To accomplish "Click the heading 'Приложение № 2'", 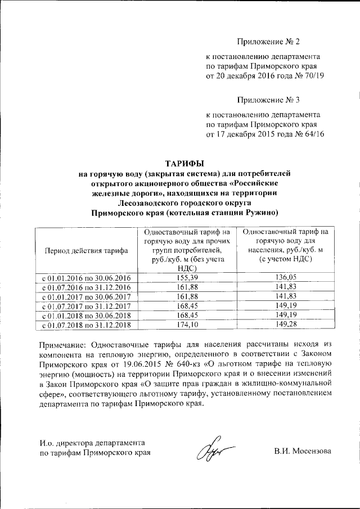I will coord(269,42).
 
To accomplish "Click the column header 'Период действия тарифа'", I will coord(83,250).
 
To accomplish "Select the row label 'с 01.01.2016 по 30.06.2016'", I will coord(83,278).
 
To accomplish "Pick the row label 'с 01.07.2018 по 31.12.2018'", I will coord(83,326).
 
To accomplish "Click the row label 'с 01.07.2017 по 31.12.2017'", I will coord(83,307).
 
